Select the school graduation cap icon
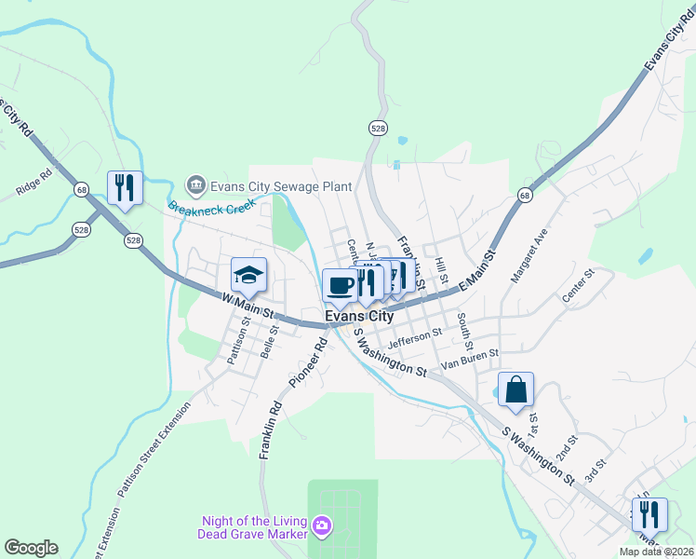pos(248,275)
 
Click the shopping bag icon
pos(515,389)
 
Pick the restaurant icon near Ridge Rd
pos(124,186)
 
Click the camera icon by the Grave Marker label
pos(322,527)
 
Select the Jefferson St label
pos(415,338)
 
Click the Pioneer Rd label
pos(308,363)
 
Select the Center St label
pos(577,287)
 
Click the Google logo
pos(31,548)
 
